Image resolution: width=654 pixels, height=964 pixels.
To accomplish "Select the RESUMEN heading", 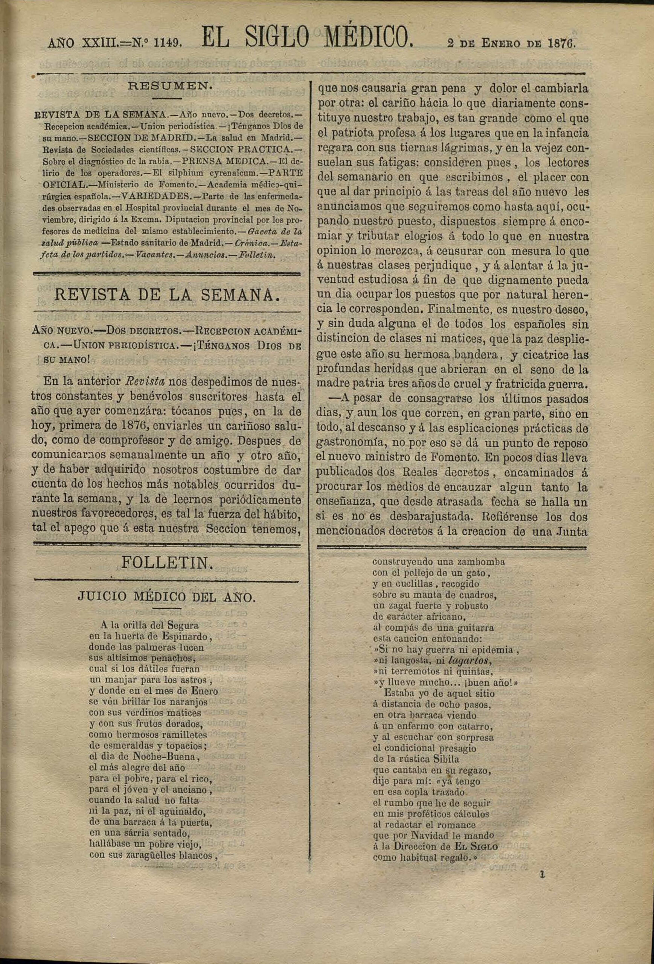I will click(x=170, y=86).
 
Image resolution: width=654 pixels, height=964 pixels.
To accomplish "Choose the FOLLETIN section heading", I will click(x=167, y=563).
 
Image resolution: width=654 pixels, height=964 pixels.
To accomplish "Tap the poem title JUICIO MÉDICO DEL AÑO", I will click(x=166, y=597).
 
